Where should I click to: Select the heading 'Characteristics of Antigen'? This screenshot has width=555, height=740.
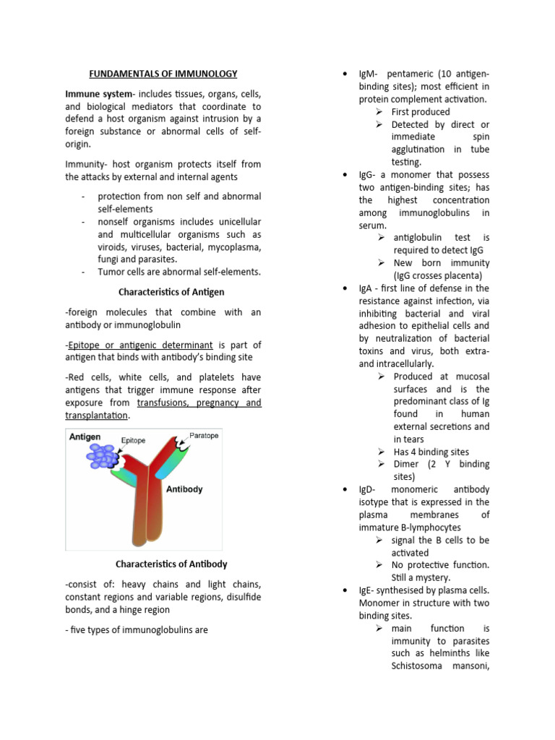coord(171,291)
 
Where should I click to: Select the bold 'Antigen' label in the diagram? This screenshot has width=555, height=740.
coord(85,436)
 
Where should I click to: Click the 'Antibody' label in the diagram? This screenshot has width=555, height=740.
coord(184,489)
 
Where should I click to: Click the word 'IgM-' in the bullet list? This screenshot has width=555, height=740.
coord(371,74)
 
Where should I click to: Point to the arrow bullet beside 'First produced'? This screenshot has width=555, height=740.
coord(379,112)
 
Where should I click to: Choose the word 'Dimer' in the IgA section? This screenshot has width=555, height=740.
coord(408,464)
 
